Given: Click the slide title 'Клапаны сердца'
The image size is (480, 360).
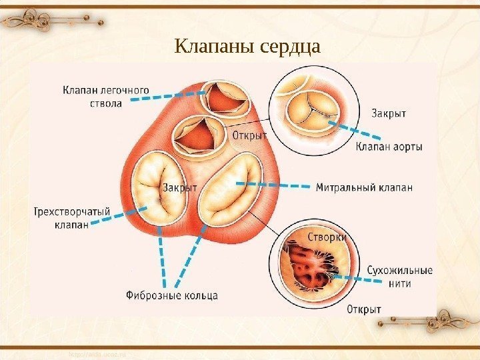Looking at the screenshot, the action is click(247, 47).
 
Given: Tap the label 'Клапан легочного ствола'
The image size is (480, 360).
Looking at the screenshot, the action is click(106, 96).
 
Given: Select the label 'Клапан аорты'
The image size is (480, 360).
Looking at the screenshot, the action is click(389, 147).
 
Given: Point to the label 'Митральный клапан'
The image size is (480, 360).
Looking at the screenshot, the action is click(364, 187).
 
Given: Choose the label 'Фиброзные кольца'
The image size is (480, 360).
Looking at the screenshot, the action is click(171, 294).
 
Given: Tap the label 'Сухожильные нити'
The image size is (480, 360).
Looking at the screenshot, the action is click(399, 277).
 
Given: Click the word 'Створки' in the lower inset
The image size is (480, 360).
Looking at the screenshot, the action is click(327, 237).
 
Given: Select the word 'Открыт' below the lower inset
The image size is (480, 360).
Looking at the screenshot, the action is click(364, 309).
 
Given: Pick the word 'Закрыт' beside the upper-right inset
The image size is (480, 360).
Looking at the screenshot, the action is click(389, 113).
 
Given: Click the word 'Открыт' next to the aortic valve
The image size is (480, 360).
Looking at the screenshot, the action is click(250, 135).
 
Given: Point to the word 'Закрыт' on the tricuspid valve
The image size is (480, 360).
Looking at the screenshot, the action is click(180, 189).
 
